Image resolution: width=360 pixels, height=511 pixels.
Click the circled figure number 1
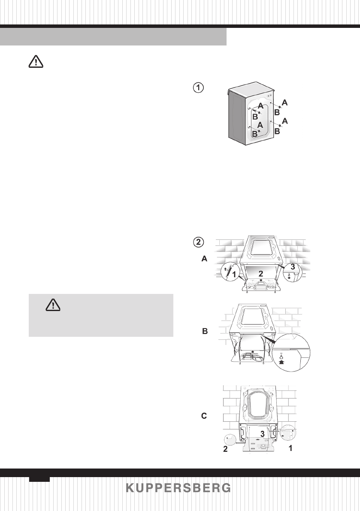[x=197, y=88]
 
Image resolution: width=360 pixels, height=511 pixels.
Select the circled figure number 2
[x=198, y=242]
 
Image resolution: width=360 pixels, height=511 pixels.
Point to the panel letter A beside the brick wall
[x=204, y=259]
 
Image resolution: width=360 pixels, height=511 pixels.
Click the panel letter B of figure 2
[x=205, y=332]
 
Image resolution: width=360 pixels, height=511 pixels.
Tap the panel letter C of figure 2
[x=204, y=416]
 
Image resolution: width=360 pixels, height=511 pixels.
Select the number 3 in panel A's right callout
[x=293, y=266]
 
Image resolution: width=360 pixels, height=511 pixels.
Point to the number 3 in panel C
[x=262, y=434]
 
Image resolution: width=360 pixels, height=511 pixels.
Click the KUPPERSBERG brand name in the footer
[x=180, y=489]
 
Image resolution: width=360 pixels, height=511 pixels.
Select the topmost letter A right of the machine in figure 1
[x=284, y=103]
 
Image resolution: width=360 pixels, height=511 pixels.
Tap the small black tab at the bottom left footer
[x=39, y=478]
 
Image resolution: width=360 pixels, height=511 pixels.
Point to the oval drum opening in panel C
[x=257, y=404]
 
